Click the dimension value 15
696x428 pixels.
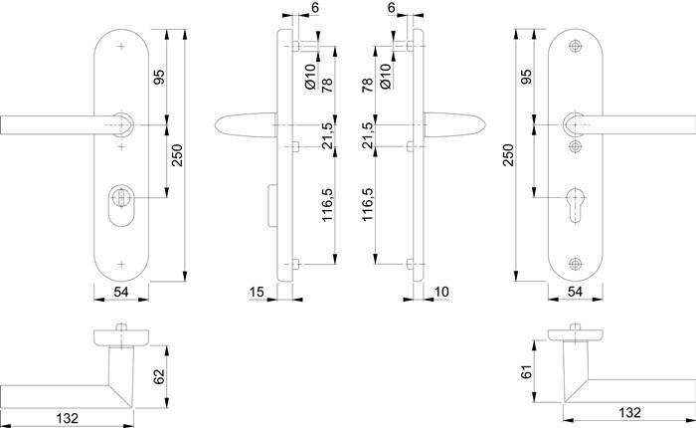coord(257,292)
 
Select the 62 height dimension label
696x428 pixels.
coord(158,376)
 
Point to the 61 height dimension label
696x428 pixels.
coord(526,371)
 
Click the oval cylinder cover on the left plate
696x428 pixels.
coord(121,204)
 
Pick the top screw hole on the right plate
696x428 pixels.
coord(576,47)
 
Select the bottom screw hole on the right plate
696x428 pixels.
coord(576,264)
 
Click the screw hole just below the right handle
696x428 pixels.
coord(576,146)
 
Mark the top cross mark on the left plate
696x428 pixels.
coord(121,47)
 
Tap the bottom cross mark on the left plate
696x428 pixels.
coord(121,265)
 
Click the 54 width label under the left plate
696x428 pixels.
coord(121,292)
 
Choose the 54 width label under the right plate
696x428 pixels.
coord(576,292)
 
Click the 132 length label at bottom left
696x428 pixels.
coord(68,418)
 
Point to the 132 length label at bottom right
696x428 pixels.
coord(629,413)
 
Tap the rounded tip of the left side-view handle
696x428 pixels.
coord(218,125)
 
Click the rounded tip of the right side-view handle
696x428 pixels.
coord(483,125)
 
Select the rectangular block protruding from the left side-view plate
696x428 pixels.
coord(272,205)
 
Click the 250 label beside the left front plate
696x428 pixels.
coord(178,155)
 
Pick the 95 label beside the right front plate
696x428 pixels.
coord(526,77)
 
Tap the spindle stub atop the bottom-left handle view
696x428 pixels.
coord(121,327)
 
